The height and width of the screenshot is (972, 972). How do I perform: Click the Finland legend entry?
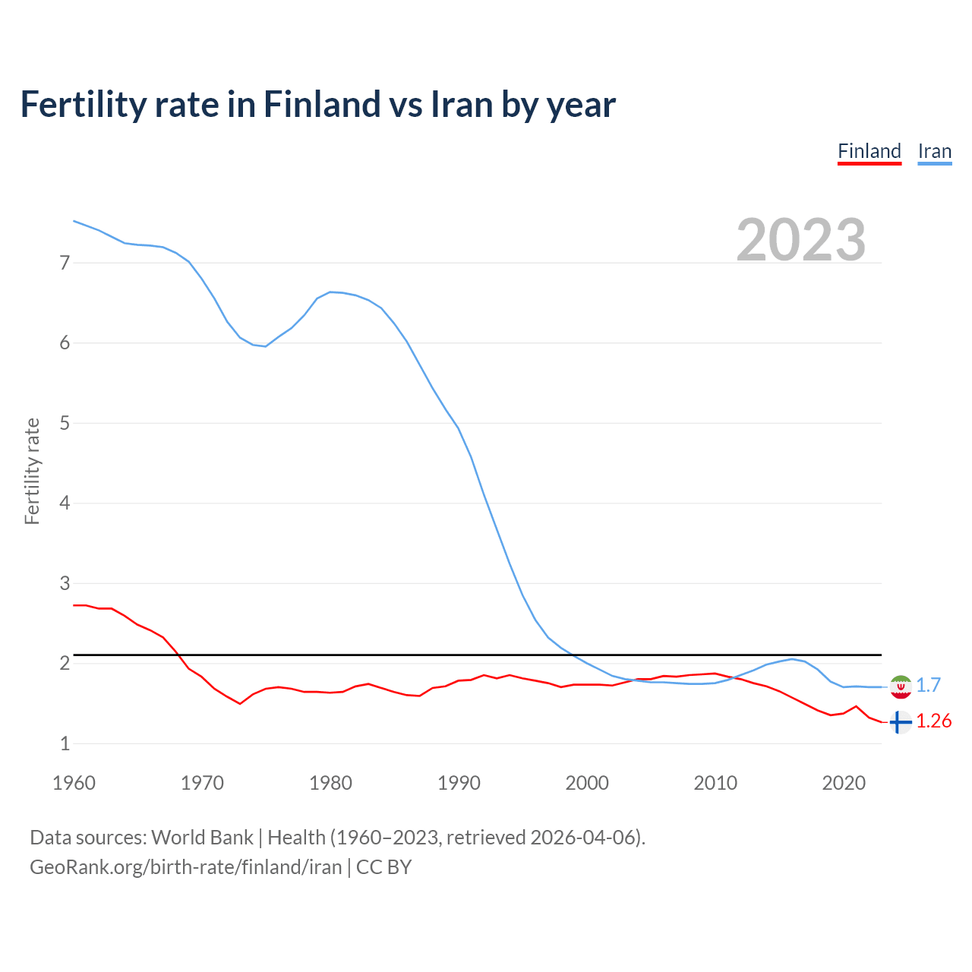tap(869, 151)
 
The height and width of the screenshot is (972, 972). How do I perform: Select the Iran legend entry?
tap(934, 151)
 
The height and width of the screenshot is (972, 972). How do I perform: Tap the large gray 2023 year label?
tap(801, 240)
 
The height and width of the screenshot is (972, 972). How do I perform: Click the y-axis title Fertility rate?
tap(32, 471)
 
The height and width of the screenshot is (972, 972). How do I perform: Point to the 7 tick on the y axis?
tap(65, 263)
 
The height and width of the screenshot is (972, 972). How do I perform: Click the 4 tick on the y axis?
tap(65, 503)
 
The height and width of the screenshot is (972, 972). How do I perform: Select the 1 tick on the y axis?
tap(65, 743)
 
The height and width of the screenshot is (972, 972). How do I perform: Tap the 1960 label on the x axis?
tap(74, 783)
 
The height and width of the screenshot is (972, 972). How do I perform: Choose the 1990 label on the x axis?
tap(459, 783)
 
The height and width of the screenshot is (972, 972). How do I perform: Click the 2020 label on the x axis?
tap(844, 783)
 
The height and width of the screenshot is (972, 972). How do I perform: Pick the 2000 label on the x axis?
tap(587, 783)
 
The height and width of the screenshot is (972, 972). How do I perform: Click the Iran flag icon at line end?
tap(901, 686)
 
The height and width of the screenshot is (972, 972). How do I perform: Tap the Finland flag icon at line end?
tap(900, 722)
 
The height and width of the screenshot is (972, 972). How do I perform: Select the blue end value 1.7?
tap(929, 685)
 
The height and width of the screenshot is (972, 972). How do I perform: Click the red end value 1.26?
tap(934, 721)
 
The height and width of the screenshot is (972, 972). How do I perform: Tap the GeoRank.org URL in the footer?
tap(185, 866)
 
